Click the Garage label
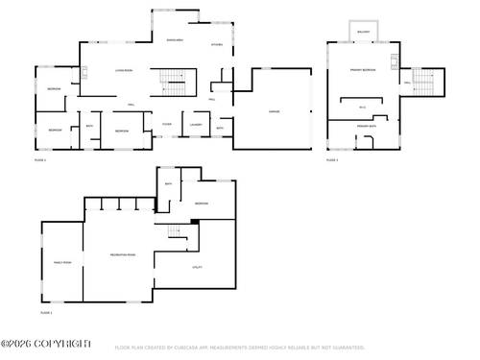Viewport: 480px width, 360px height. tap(273, 112)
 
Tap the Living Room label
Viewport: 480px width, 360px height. tap(124, 71)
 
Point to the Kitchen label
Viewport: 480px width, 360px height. tap(217, 45)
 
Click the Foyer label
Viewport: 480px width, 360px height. tap(166, 125)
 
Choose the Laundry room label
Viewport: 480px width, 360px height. tap(195, 125)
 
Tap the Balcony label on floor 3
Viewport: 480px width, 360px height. tap(363, 32)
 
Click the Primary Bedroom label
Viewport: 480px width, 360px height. tap(364, 71)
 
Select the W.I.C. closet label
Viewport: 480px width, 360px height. tap(362, 107)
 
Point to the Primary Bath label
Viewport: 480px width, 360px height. tap(366, 126)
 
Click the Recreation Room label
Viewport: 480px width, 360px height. tap(122, 254)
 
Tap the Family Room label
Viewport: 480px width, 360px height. tap(61, 261)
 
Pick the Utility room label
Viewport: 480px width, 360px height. tap(197, 267)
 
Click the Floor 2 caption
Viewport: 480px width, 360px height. tap(40, 159)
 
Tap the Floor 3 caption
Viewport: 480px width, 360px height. tap(331, 159)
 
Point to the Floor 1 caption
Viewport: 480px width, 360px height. tap(45, 313)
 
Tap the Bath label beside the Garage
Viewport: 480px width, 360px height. tap(220, 129)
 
